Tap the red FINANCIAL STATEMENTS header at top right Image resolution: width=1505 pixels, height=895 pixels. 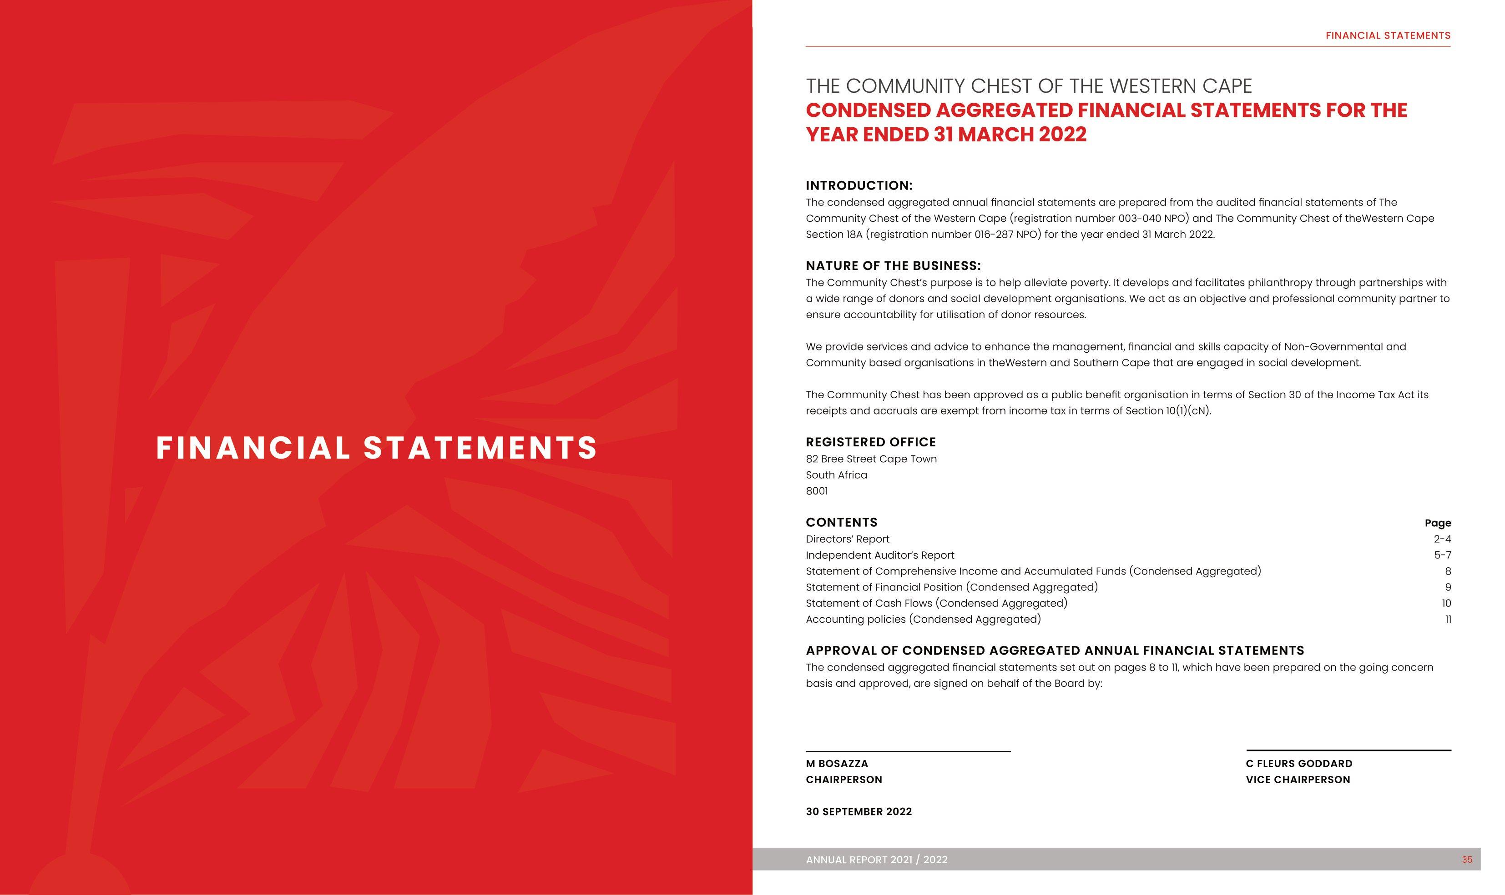click(1387, 35)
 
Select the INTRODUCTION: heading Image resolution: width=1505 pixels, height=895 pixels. click(859, 185)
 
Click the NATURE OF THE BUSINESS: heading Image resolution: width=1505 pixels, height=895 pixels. click(893, 265)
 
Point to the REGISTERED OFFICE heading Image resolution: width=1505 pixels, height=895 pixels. click(870, 442)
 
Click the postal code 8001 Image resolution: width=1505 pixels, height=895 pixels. click(817, 491)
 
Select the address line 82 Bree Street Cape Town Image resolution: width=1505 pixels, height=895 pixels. click(871, 459)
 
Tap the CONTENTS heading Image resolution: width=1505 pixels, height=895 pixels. click(841, 522)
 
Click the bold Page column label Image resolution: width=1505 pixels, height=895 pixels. click(1437, 523)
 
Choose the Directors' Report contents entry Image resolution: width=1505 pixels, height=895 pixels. click(847, 539)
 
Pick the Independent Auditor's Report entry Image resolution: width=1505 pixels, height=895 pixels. click(880, 555)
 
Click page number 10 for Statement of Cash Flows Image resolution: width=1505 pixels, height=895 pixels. click(1446, 603)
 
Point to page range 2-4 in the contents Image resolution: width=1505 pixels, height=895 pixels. click(1442, 539)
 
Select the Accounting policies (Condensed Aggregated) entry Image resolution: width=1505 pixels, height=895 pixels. click(923, 620)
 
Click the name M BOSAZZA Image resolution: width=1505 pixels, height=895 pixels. click(836, 764)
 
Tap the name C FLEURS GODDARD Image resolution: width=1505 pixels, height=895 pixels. click(1298, 764)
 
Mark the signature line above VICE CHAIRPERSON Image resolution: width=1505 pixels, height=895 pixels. click(1348, 750)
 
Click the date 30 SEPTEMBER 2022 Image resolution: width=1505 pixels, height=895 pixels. click(859, 812)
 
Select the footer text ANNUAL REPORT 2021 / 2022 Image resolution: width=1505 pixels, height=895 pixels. click(876, 860)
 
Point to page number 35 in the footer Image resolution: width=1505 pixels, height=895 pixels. click(1466, 860)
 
